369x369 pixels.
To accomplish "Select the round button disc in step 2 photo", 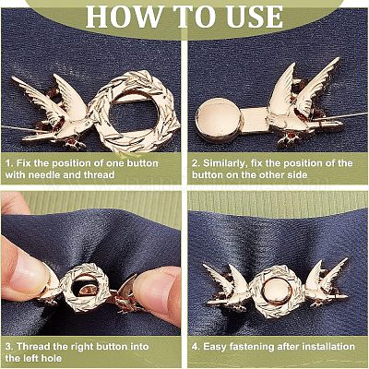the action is pyautogui.click(x=219, y=120).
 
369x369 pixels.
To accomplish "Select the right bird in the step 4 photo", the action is pyautogui.click(x=326, y=284).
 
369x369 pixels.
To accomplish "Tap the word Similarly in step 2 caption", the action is pyautogui.click(x=224, y=163).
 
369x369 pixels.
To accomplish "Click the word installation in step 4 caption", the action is pyautogui.click(x=328, y=347).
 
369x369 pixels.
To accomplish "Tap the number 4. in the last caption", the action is pyautogui.click(x=196, y=347).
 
